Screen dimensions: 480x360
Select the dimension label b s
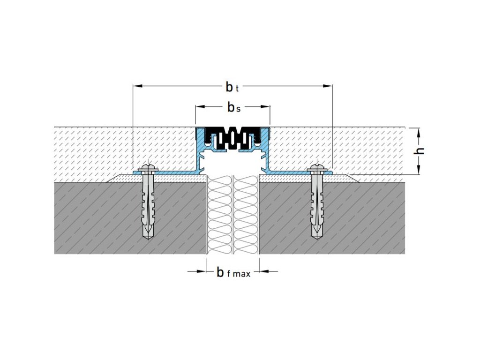[234, 107]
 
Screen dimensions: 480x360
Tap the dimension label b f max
[233, 272]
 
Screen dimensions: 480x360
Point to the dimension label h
[420, 151]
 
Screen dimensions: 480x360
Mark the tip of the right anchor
[317, 239]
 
